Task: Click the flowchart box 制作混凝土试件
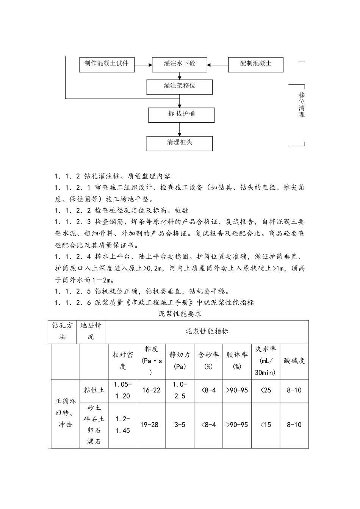coord(106,64)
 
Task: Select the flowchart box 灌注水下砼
coord(179,64)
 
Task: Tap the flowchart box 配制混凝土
coord(255,64)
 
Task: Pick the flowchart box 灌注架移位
coord(179,86)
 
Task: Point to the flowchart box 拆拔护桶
coord(181,114)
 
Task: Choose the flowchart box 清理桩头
coord(179,143)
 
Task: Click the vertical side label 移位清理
coord(302,105)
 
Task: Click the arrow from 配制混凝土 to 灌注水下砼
coord(218,64)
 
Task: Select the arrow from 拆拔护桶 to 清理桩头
coord(180,129)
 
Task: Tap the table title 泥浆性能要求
coord(180,314)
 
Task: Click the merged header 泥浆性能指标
coord(207,332)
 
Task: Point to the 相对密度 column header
coord(122,361)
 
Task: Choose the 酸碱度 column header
coord(294,361)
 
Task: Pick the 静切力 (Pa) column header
coord(180,361)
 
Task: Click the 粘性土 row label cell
coord(94,390)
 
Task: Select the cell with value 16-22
coord(151,390)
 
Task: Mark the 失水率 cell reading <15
coord(265,425)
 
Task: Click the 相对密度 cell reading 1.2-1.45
coord(122,425)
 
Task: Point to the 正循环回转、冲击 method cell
coord(65,413)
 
